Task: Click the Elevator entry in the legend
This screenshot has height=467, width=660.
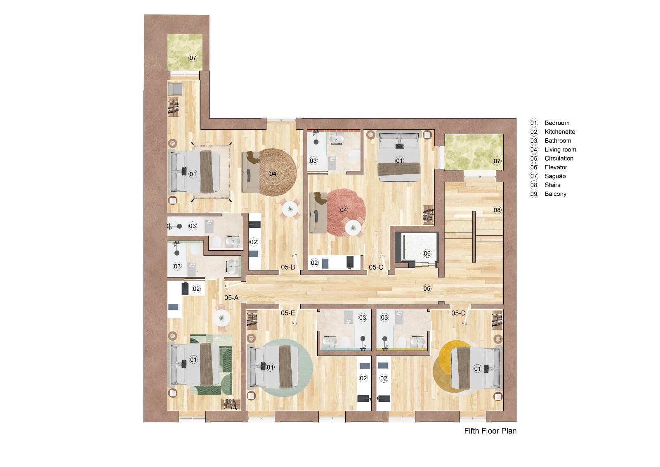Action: tap(555, 167)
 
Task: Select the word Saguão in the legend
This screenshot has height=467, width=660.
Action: tap(555, 176)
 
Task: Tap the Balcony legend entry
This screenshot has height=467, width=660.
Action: tap(555, 194)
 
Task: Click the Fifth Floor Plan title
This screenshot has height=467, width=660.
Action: tap(490, 431)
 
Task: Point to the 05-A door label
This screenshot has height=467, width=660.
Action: tap(231, 298)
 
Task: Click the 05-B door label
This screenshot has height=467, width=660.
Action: tap(288, 267)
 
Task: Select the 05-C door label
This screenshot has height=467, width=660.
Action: tap(376, 267)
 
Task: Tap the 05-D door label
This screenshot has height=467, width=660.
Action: tap(458, 313)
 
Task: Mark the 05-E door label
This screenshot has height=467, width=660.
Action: tap(288, 313)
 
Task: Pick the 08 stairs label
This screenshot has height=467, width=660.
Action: tap(497, 210)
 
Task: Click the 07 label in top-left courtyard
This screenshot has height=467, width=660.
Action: tap(193, 58)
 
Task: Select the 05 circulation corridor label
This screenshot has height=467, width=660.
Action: tap(427, 288)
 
